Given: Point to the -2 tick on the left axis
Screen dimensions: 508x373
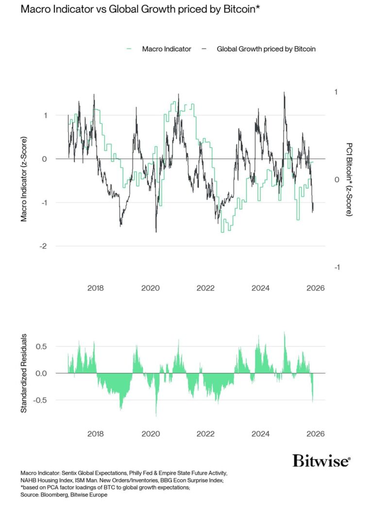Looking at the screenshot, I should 44,246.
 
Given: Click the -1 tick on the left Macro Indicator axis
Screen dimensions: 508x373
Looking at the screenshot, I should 44,203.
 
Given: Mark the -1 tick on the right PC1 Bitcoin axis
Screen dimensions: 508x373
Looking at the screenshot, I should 336,268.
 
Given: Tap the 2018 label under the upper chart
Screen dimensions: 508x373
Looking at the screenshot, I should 95,288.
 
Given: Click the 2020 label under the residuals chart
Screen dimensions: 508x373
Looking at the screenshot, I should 150,434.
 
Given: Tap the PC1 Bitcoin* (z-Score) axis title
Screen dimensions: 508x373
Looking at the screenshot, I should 349,179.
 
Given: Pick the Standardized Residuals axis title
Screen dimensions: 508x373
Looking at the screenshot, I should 23,373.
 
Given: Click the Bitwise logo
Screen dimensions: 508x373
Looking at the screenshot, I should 321,460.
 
